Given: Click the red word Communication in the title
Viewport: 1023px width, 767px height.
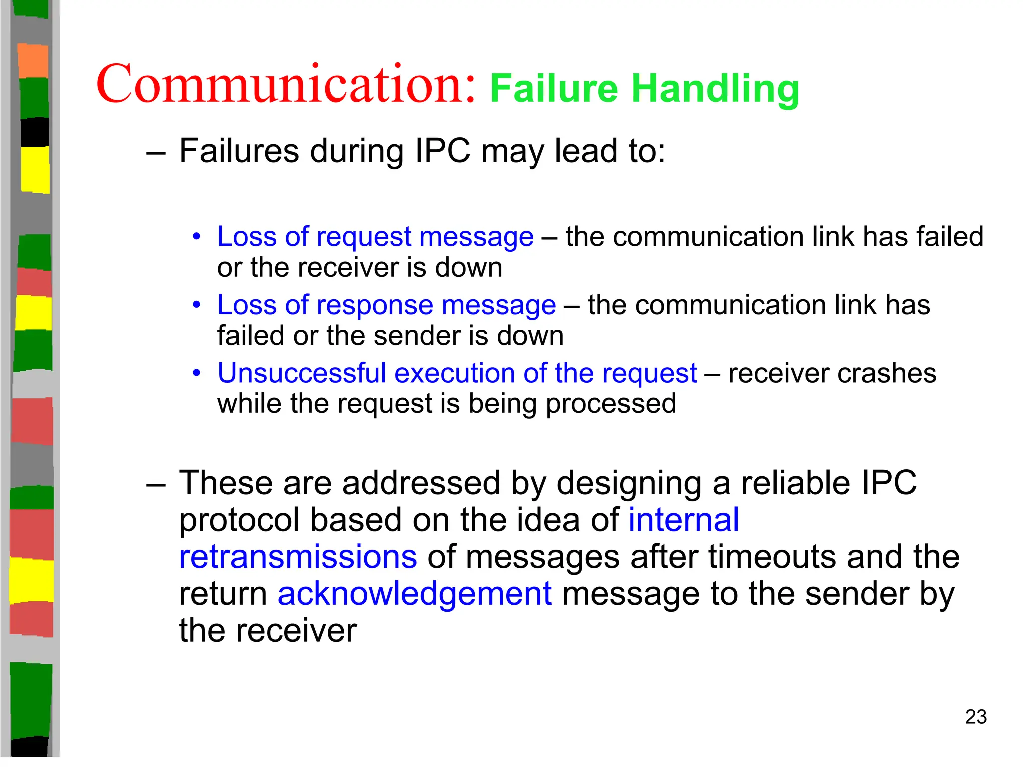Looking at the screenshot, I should (x=285, y=84).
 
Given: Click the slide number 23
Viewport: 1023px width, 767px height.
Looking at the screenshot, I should (x=976, y=717).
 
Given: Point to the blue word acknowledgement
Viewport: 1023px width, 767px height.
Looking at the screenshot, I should (x=415, y=594).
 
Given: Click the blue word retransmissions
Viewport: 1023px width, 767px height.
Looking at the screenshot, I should (x=298, y=557).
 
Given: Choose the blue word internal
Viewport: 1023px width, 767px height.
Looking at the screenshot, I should (x=683, y=520).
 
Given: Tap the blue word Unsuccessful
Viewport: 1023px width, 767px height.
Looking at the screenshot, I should (x=302, y=373).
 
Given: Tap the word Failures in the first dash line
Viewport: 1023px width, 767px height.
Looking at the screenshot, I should (x=239, y=151).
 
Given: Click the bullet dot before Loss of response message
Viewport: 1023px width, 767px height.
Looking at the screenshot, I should (x=197, y=304).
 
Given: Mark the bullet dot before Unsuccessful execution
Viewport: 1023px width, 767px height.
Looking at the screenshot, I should (x=197, y=373).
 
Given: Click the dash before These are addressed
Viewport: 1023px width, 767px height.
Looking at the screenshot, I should (x=155, y=485).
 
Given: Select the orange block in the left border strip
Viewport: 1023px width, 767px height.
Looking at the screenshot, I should (x=33, y=61).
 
